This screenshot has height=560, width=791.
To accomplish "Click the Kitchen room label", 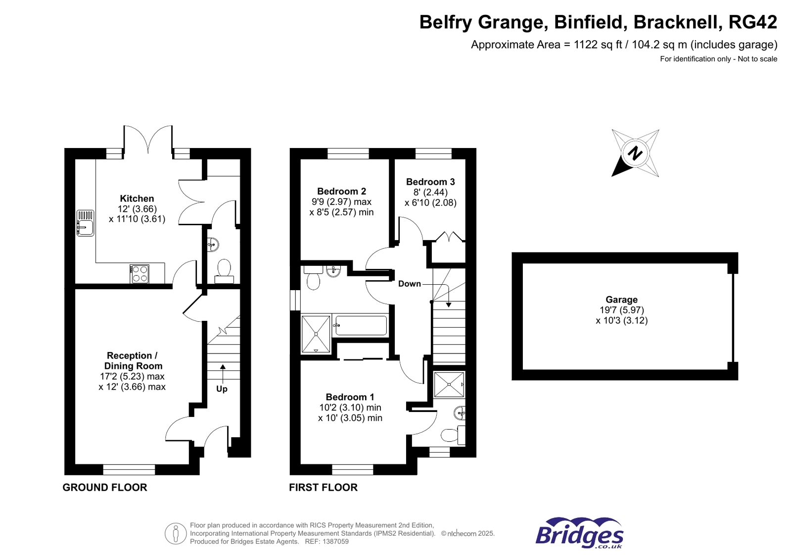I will point(137,199).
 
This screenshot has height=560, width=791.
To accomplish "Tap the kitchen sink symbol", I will point(85,223).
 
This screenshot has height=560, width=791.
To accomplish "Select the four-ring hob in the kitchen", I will point(140,274).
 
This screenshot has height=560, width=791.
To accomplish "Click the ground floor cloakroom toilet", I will point(224,270).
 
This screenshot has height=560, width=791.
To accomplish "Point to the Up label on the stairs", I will point(222,389).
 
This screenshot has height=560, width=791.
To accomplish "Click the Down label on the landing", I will point(409,284).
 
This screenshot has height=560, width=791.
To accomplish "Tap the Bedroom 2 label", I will point(341,191).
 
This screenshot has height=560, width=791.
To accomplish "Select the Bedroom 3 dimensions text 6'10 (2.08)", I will point(430,203).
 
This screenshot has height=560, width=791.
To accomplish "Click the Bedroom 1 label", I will point(350,397).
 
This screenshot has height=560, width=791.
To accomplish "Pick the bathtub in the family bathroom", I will point(360,325).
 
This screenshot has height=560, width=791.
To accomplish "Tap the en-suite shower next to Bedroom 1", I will point(449,385).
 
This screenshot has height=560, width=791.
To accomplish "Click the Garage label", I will point(621,300).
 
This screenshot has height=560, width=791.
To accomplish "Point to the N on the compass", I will point(635,153).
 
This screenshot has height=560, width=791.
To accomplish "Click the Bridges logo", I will point(579,534).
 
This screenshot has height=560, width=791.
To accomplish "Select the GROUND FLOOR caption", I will point(105,487).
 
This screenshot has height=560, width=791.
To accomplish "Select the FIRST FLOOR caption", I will point(323,487).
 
